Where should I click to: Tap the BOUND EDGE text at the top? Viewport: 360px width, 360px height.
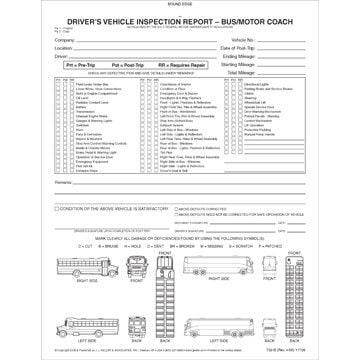(180, 5)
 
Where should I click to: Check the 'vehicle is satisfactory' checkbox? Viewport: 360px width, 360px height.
(58, 207)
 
